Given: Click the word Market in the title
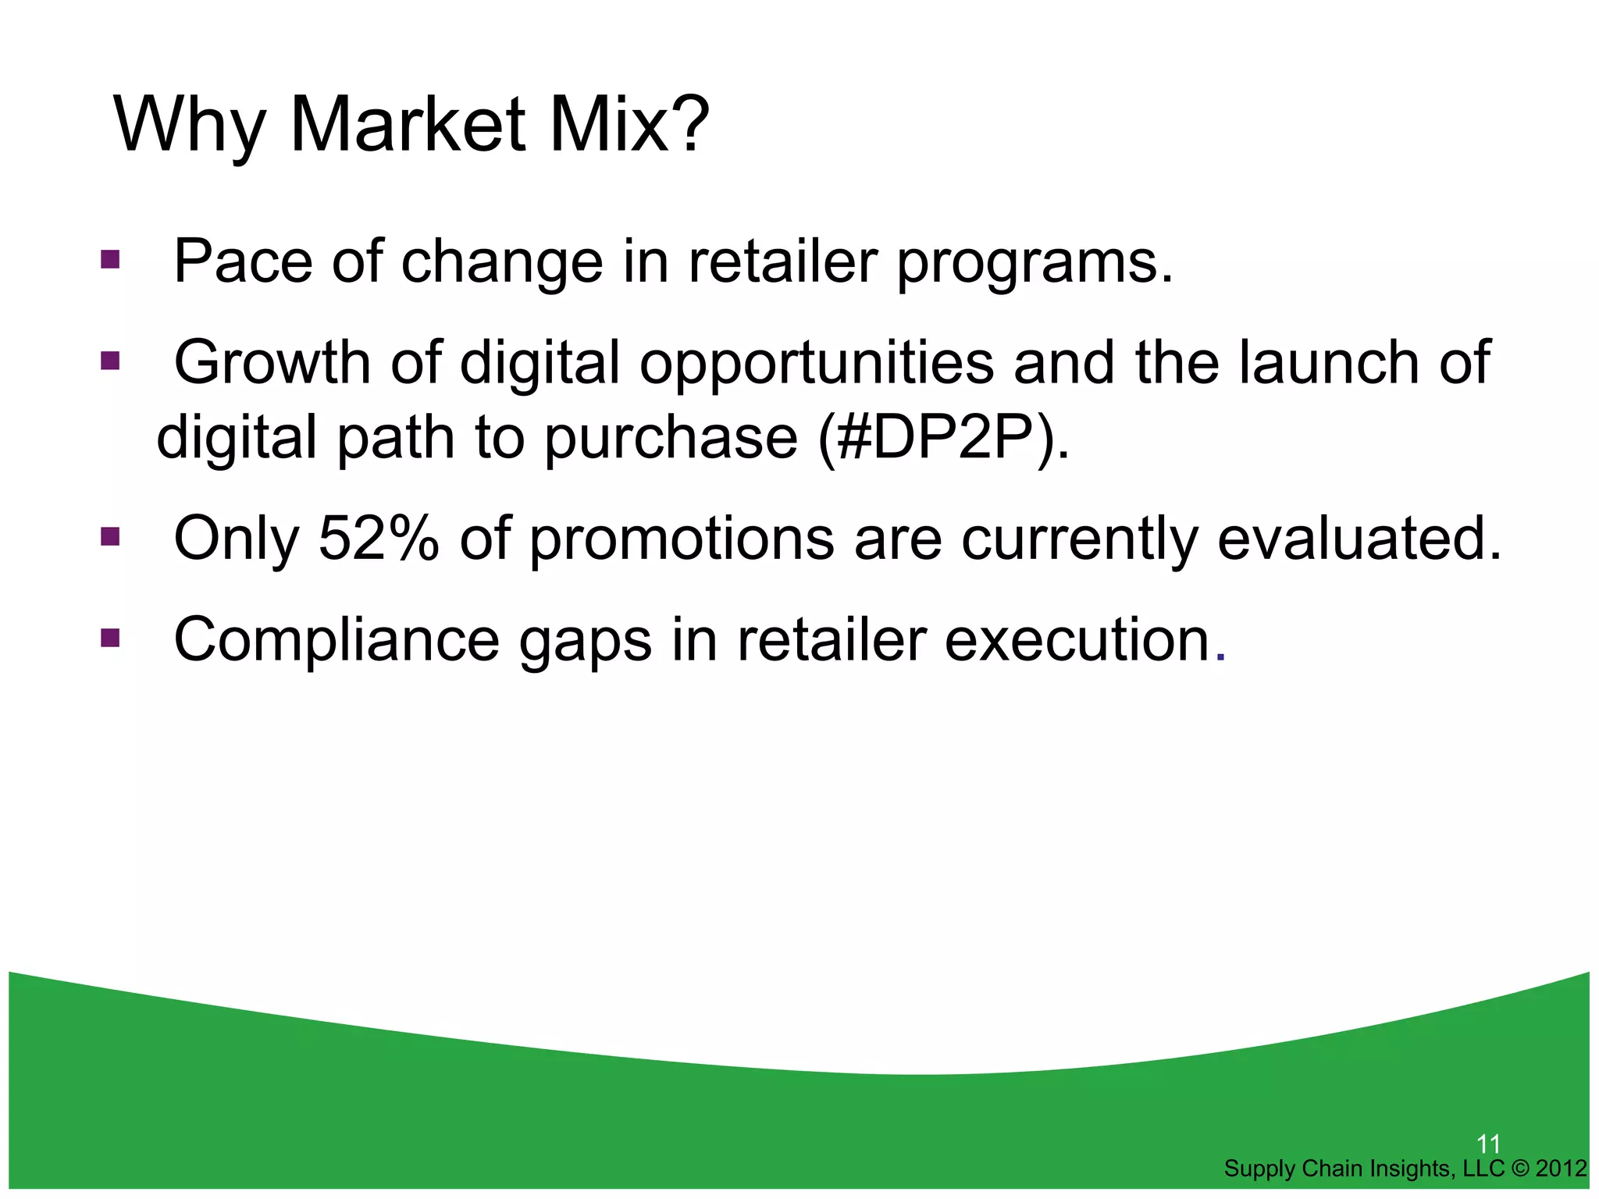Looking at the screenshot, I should click(408, 125).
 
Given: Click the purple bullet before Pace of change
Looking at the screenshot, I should click(110, 259).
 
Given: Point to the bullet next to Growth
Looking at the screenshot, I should click(110, 361).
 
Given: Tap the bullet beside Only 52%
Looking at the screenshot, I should click(110, 537).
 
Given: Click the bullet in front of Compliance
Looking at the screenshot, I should click(110, 639).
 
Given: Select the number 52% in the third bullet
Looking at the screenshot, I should click(379, 539).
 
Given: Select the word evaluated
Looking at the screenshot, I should click(1359, 539).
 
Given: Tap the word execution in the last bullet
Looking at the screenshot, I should click(1077, 640).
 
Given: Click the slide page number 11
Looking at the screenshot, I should click(1488, 1144).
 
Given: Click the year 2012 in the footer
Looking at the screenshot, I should click(1561, 1169).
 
